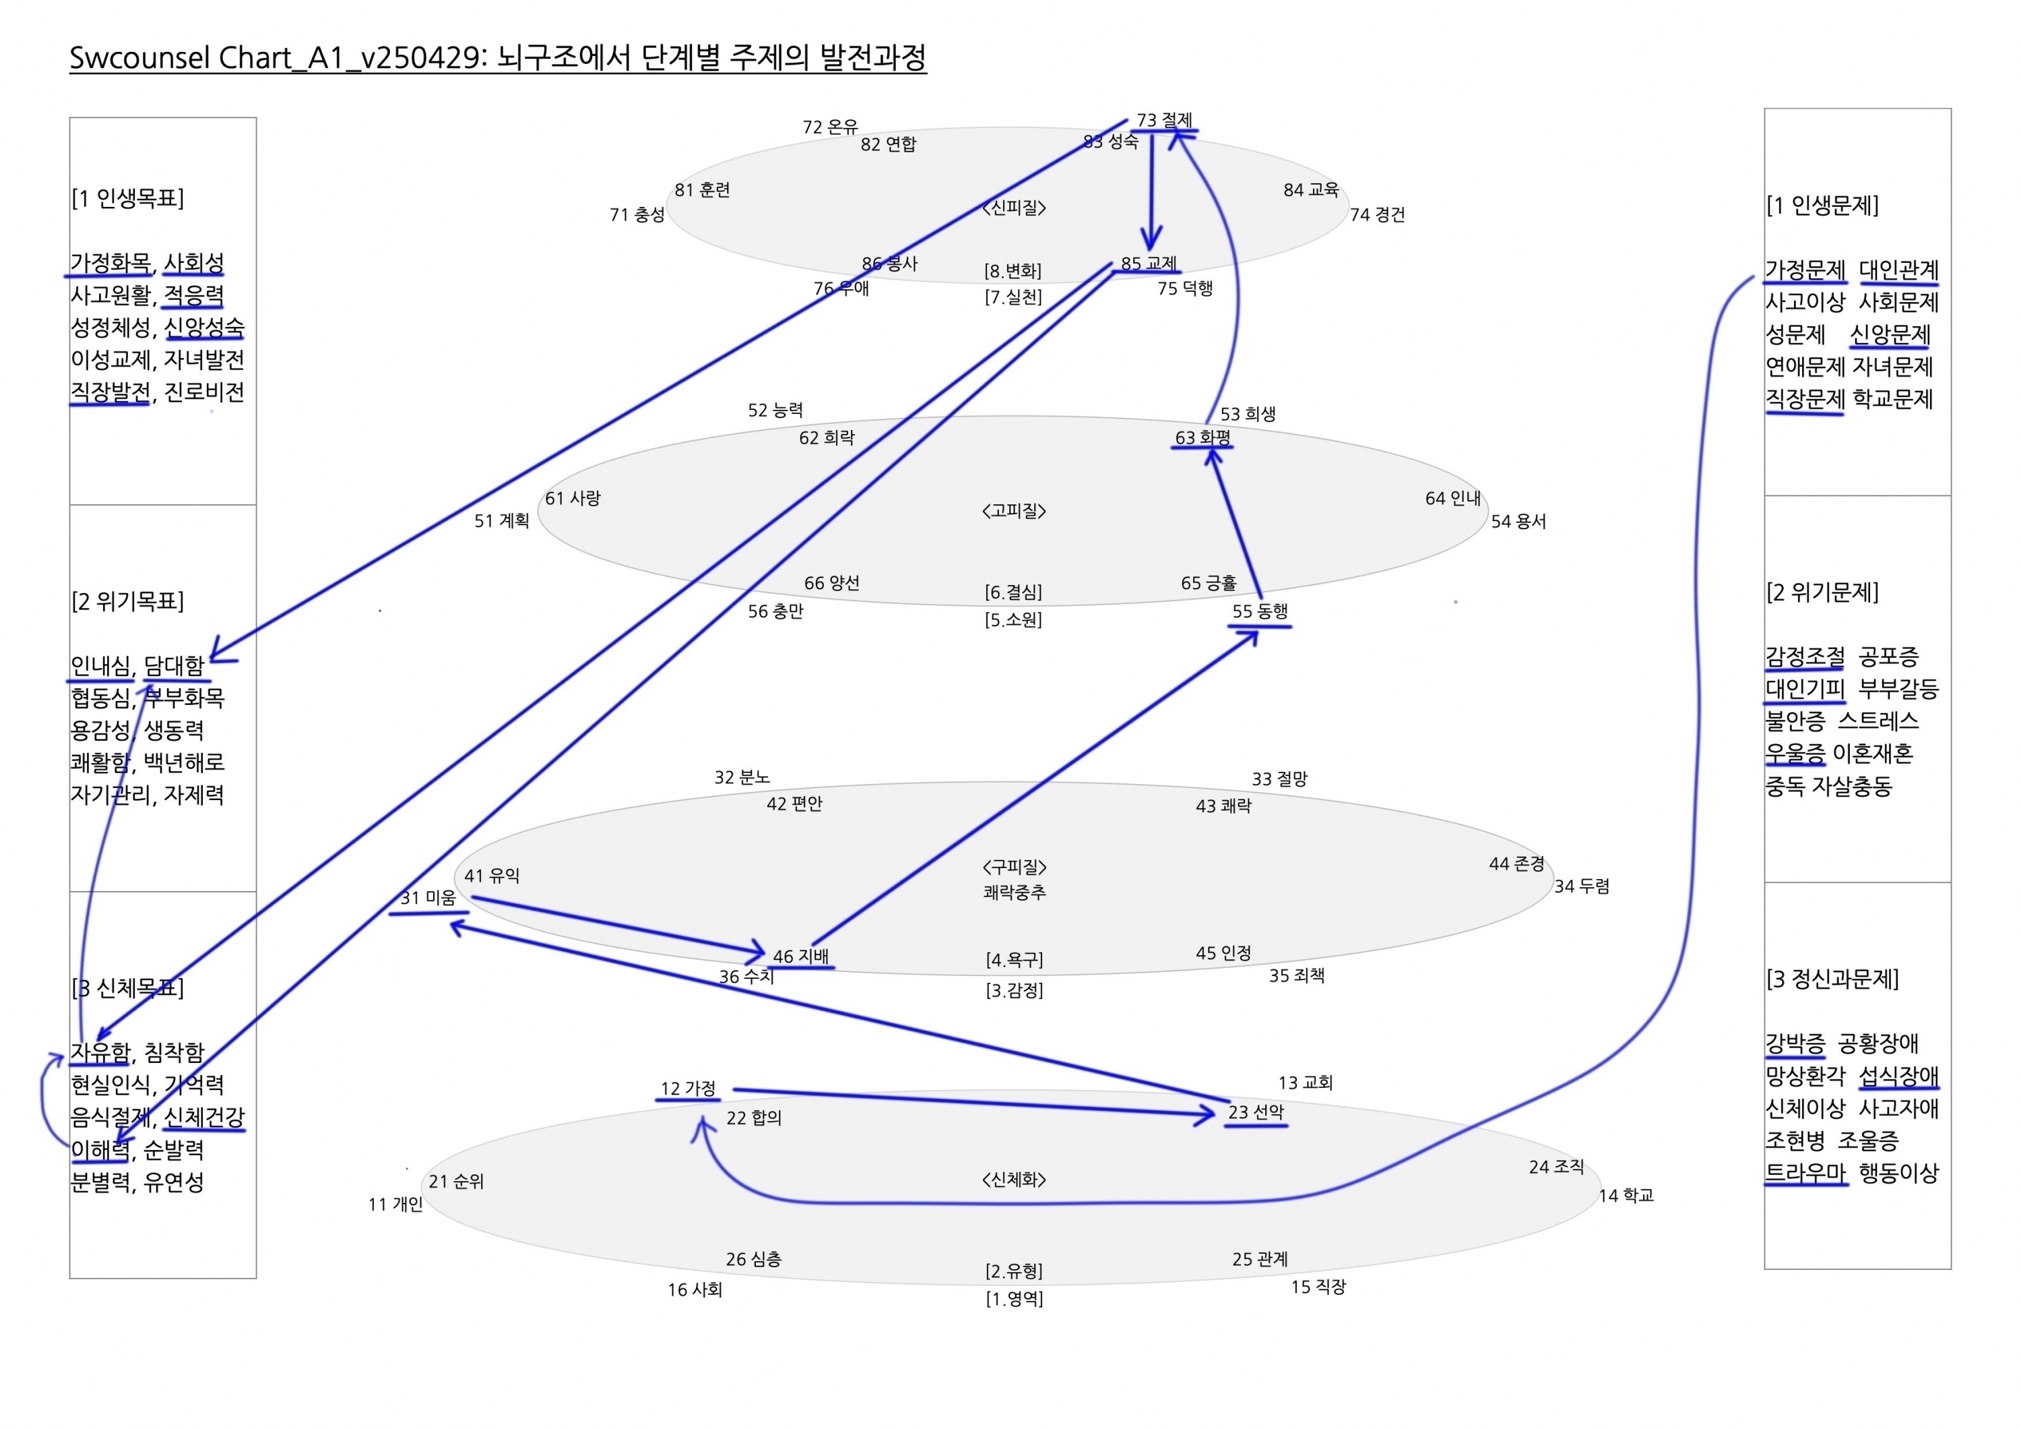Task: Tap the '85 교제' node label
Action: coord(1149,264)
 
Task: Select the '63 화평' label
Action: coord(1202,437)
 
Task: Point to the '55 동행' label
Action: coord(1260,611)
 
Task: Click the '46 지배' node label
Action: coord(800,956)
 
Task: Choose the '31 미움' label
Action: coord(428,898)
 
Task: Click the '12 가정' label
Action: coord(688,1088)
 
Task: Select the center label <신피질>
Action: coord(1014,208)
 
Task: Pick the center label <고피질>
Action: coord(1014,511)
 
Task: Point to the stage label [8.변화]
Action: coord(1013,271)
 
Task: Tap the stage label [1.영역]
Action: coord(1014,1299)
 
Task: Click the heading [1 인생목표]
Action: coord(127,198)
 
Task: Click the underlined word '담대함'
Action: coord(174,666)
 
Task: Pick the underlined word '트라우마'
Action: coord(1805,1173)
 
